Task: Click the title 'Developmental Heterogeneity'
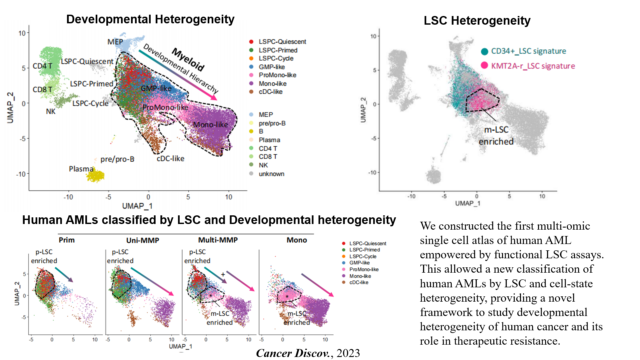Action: (x=150, y=19)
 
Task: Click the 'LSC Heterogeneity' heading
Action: (x=477, y=21)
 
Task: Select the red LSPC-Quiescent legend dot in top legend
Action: (x=251, y=42)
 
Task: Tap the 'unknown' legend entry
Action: (x=271, y=174)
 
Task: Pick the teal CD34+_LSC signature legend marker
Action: (x=485, y=51)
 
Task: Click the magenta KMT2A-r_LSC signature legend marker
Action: (x=485, y=65)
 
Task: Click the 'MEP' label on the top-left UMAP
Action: (x=115, y=42)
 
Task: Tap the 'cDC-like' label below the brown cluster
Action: (x=170, y=159)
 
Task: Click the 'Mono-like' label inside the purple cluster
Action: (x=210, y=125)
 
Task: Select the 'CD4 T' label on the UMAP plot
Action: (x=42, y=66)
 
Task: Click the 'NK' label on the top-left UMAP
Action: (x=51, y=111)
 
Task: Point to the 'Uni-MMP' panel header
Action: (x=143, y=240)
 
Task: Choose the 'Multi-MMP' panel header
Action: (x=218, y=240)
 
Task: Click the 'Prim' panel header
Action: (x=67, y=240)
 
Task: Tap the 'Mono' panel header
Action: (x=297, y=240)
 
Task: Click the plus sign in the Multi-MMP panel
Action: (x=223, y=274)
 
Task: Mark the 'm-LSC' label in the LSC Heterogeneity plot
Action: (x=496, y=130)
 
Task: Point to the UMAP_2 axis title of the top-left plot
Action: (x=11, y=108)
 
